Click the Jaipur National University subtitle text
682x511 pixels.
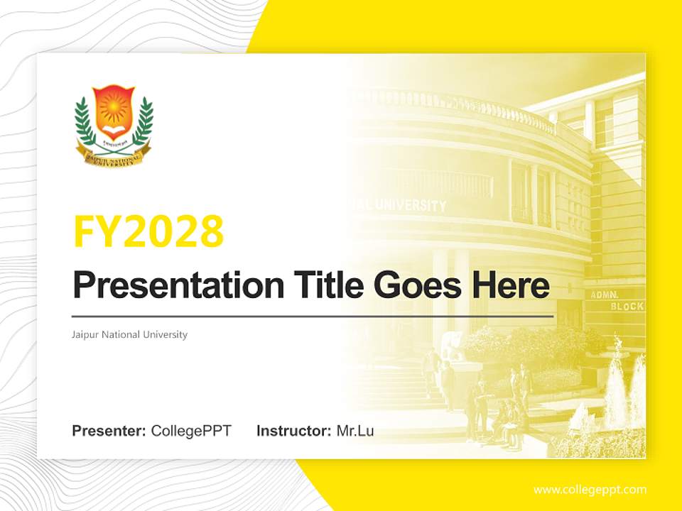[x=129, y=334]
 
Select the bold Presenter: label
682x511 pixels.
[x=109, y=431]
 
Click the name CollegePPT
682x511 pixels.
[x=191, y=431]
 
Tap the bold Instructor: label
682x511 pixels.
[x=293, y=431]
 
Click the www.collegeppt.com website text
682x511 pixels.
[x=590, y=490]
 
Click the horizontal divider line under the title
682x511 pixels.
[x=313, y=316]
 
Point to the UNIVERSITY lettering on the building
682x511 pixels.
[x=411, y=205]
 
